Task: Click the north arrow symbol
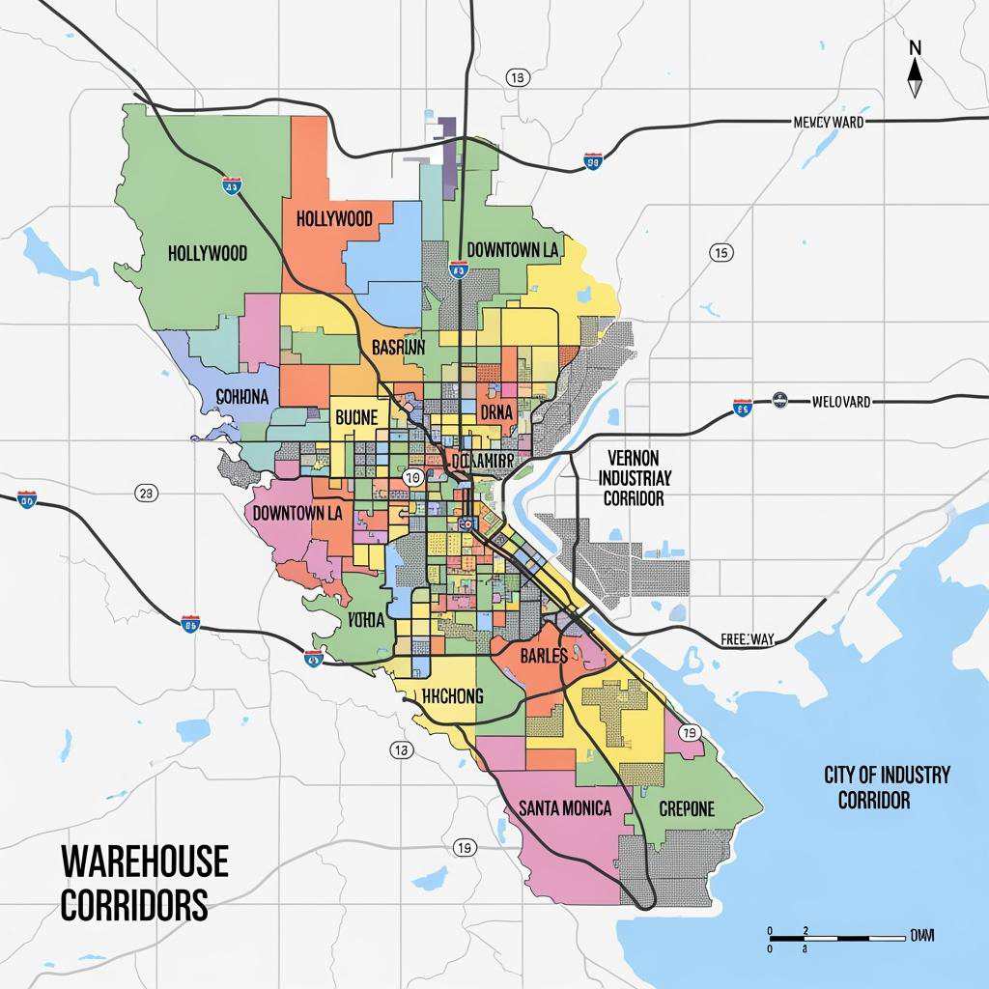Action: [915, 70]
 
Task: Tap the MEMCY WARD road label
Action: [828, 123]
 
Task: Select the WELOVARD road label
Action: [840, 401]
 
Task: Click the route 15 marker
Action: [720, 253]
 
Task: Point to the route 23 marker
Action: [146, 494]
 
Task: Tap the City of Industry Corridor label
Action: [887, 787]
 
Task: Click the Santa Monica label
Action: [565, 807]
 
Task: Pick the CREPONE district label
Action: [687, 808]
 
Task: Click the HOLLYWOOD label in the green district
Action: [208, 253]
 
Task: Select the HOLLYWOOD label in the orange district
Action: [334, 218]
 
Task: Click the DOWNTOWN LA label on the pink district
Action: [297, 513]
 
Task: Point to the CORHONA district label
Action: [248, 397]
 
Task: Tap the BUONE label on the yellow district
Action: [358, 418]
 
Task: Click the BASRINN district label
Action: [398, 348]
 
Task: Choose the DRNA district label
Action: [496, 412]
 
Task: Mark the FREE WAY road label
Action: [749, 639]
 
